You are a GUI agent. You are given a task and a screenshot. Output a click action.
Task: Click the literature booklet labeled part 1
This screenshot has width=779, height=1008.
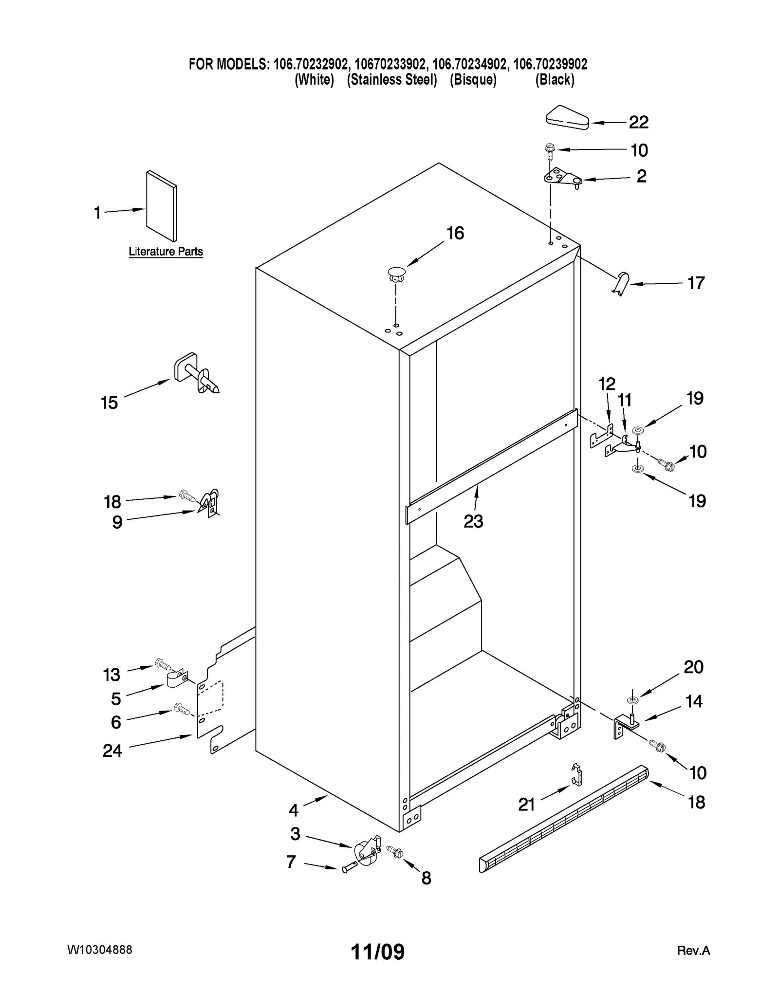[x=162, y=206]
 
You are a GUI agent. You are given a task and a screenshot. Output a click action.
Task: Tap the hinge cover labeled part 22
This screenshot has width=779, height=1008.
[x=567, y=118]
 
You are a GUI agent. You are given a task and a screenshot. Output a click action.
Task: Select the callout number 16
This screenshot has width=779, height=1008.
[x=455, y=233]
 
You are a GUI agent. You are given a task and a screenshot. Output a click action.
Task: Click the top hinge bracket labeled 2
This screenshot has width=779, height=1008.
[x=562, y=178]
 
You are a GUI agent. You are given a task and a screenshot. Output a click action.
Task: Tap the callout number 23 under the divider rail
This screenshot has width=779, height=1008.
[x=473, y=521]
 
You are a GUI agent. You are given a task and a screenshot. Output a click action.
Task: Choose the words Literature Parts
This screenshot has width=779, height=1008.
[x=166, y=252]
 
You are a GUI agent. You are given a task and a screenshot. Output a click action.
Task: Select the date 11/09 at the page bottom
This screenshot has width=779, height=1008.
[x=378, y=952]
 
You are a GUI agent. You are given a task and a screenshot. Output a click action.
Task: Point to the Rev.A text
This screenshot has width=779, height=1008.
[x=693, y=951]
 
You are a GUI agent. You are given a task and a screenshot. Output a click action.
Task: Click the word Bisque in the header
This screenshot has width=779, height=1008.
[x=473, y=80]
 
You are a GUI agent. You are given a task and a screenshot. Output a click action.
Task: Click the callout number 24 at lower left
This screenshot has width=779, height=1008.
[x=112, y=751]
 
